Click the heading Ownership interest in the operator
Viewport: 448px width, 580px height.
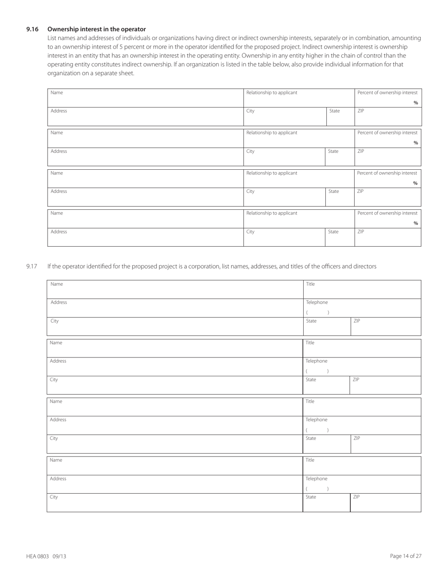point(97,29)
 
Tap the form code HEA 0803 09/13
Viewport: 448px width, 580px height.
point(46,556)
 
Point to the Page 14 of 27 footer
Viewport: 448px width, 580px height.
point(406,556)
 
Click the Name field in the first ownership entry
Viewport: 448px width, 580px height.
point(145,98)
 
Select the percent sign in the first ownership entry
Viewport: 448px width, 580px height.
point(415,103)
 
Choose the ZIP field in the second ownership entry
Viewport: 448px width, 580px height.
point(387,157)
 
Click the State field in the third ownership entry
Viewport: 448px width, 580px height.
point(340,197)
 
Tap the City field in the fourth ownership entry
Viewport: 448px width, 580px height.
point(284,237)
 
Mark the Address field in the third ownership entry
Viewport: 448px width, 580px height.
point(145,197)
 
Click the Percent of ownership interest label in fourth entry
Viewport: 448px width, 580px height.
point(387,213)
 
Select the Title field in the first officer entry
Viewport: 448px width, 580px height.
point(362,289)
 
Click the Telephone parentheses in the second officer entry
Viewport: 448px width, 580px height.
point(317,371)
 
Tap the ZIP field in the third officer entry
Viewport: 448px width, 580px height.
point(386,444)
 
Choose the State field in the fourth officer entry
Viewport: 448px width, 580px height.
point(326,503)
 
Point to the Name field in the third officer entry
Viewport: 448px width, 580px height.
point(174,406)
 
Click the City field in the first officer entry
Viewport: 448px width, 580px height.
point(174,326)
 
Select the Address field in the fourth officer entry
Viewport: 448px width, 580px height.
point(174,484)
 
